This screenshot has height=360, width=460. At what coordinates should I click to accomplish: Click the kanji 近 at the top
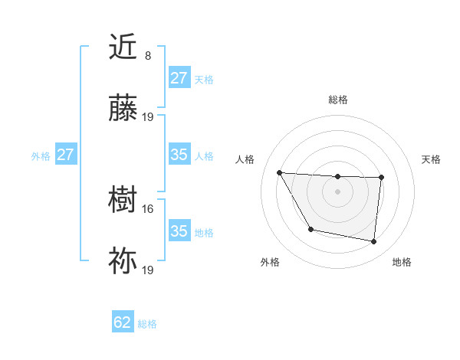(124, 47)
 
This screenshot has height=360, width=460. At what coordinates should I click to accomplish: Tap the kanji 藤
(124, 109)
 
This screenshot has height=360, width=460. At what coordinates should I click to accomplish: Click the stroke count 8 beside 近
(148, 56)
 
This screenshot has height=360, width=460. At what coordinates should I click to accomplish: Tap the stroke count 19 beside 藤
(149, 117)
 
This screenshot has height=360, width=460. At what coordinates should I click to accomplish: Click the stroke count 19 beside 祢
(149, 270)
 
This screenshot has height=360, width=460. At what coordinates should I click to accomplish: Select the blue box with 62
(123, 322)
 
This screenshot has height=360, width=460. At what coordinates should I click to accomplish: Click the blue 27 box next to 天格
(179, 78)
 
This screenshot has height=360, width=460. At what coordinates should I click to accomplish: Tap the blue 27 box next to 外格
(66, 155)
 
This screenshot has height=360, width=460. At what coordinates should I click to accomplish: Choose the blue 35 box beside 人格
(179, 155)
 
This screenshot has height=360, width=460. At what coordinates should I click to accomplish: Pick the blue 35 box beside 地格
(179, 231)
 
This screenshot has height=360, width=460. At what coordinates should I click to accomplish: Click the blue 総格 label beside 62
(147, 324)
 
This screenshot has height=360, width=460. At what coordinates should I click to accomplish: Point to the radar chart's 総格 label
(337, 100)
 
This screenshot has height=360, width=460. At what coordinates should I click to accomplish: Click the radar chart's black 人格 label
(245, 159)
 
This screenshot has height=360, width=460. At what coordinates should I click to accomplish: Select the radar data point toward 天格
(381, 178)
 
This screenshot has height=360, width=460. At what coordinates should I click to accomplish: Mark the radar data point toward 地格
(373, 242)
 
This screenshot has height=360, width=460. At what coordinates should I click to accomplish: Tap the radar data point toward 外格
(310, 229)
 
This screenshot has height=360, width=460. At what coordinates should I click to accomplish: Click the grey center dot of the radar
(337, 191)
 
